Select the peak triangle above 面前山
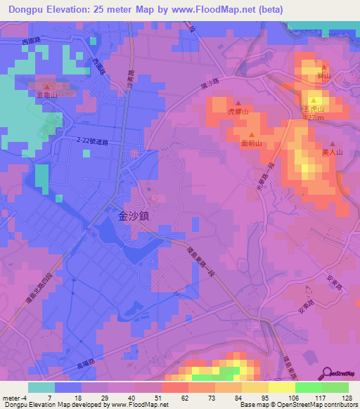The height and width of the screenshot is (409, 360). coord(251,134)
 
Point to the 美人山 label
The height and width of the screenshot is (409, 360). coord(331,151)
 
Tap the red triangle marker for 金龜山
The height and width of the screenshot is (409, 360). coord(49,86)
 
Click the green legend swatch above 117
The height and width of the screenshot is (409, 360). coord(309,387)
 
